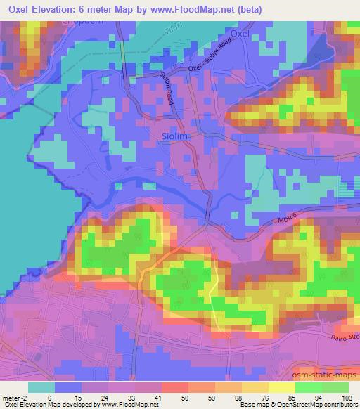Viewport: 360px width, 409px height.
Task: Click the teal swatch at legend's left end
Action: point(41,387)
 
